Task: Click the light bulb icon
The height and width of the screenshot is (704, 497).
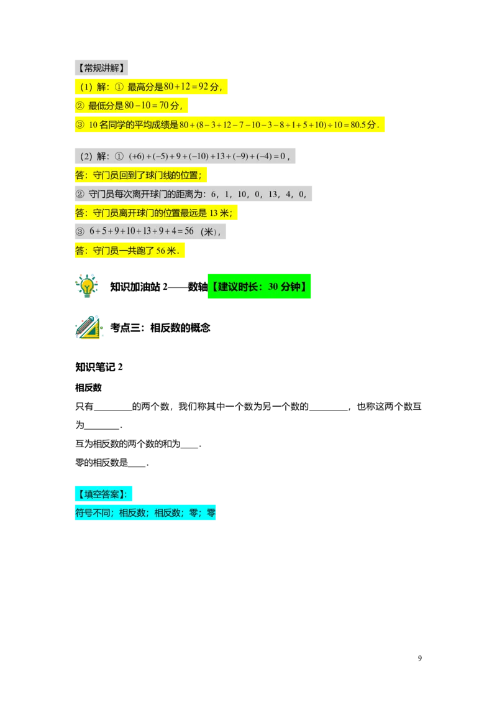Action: [x=86, y=286]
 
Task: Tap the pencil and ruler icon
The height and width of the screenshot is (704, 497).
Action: [x=89, y=327]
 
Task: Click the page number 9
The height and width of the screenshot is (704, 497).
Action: [x=420, y=658]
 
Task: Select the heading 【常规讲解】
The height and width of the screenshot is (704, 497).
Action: [x=101, y=68]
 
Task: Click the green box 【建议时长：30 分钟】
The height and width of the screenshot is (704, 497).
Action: [x=259, y=287]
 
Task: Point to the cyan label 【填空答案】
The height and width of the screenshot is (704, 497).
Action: [x=104, y=494]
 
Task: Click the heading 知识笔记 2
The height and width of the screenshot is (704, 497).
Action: [x=99, y=368]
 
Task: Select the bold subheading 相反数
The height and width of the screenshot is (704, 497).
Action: [x=88, y=387]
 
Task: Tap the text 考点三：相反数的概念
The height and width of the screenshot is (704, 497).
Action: [x=160, y=328]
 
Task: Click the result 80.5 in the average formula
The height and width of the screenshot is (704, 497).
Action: [x=358, y=125]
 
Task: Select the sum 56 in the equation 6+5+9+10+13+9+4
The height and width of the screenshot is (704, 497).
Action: [x=189, y=231]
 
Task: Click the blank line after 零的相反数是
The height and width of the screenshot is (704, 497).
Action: [x=137, y=466]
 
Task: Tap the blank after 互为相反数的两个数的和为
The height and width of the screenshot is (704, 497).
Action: [x=189, y=447]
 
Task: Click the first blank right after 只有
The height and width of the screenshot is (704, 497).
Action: [x=112, y=409]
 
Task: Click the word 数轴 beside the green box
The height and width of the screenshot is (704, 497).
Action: [x=198, y=287]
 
